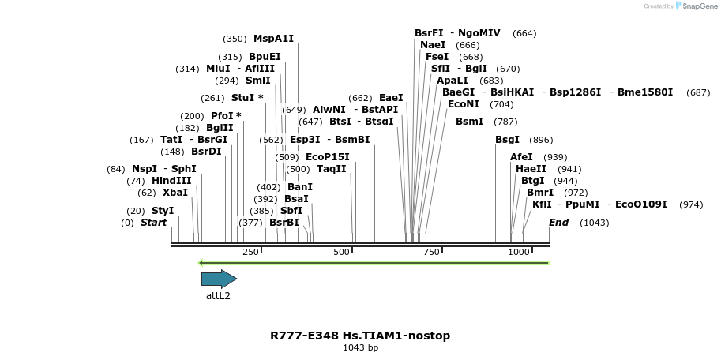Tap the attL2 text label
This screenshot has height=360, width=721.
pyautogui.click(x=218, y=296)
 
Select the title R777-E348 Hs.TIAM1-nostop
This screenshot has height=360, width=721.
pyautogui.click(x=360, y=336)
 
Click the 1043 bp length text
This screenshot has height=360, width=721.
pyautogui.click(x=360, y=347)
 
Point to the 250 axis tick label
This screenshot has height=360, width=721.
pyautogui.click(x=250, y=252)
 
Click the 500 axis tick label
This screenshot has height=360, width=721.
pyautogui.click(x=341, y=252)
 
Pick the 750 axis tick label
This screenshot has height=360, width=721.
pyautogui.click(x=431, y=252)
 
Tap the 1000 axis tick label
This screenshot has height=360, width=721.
pyautogui.click(x=519, y=252)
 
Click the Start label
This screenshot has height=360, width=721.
pyautogui.click(x=153, y=223)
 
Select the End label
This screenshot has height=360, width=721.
pyautogui.click(x=558, y=223)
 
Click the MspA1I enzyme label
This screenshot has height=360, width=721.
pyautogui.click(x=273, y=38)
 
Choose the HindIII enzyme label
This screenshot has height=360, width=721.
pyautogui.click(x=171, y=181)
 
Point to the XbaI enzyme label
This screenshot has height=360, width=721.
pyautogui.click(x=175, y=193)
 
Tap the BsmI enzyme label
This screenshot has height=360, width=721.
pyautogui.click(x=469, y=122)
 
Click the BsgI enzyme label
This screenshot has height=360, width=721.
pyautogui.click(x=507, y=140)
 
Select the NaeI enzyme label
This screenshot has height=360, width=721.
pyautogui.click(x=433, y=45)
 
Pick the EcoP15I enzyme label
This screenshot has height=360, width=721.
pyautogui.click(x=327, y=157)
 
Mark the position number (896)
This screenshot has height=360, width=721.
pyautogui.click(x=541, y=140)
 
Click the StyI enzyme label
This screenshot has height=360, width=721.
pyautogui.click(x=163, y=211)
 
